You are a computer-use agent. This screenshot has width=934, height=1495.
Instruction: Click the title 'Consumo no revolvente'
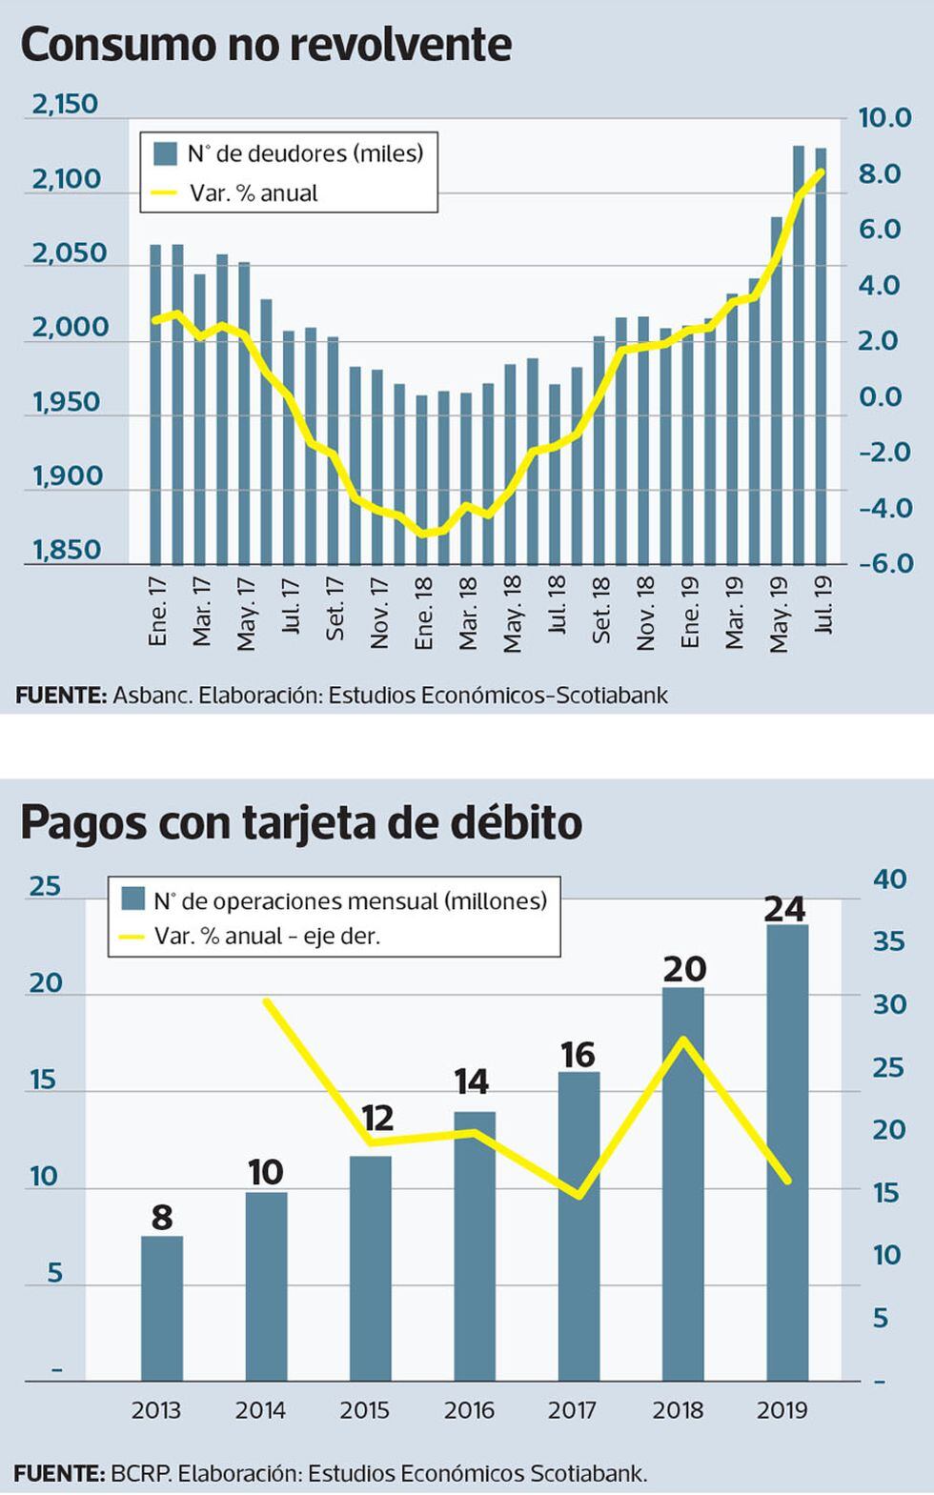(x=266, y=45)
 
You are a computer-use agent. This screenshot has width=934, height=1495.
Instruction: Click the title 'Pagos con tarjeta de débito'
(x=301, y=823)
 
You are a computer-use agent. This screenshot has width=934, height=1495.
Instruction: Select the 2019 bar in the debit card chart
(x=787, y=1152)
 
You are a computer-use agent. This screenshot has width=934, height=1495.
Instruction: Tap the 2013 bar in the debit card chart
(x=162, y=1307)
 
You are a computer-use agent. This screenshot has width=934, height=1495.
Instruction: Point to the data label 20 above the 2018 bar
(x=684, y=969)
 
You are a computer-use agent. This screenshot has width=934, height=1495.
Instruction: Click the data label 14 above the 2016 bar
(x=472, y=1081)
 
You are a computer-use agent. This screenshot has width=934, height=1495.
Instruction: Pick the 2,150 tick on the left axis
(x=65, y=104)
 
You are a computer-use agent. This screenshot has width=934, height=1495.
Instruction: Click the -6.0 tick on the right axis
(x=885, y=563)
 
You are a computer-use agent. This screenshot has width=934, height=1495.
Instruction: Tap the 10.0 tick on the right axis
(x=885, y=118)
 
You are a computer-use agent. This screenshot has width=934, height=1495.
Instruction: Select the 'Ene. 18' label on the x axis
(x=423, y=613)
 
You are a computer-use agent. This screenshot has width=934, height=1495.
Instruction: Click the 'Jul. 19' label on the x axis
(x=823, y=604)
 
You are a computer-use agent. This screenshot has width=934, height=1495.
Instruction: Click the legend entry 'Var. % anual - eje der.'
(x=267, y=937)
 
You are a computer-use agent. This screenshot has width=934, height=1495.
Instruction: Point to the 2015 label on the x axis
(x=364, y=1410)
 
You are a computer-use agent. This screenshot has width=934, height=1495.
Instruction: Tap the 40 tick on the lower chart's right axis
(x=890, y=879)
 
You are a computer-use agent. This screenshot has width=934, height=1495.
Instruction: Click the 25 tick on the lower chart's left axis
(x=45, y=886)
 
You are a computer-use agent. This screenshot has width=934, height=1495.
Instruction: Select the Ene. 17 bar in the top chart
(x=155, y=403)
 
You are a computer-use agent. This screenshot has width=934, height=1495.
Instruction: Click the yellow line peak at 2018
(x=683, y=1039)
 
